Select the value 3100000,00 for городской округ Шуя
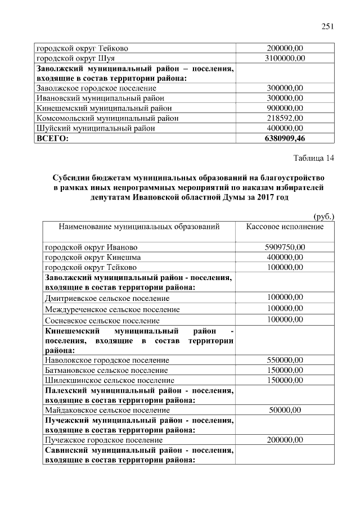point(285,58)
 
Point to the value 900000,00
point(285,108)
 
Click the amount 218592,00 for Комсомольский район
point(285,118)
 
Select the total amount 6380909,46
point(285,138)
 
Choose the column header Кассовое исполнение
point(285,227)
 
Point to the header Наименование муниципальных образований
point(139,227)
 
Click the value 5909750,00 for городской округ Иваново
point(285,247)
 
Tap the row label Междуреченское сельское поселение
point(112,309)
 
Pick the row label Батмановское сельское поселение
point(106,370)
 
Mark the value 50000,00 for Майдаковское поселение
point(285,411)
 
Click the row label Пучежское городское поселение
point(103,440)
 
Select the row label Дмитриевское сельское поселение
point(107,298)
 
